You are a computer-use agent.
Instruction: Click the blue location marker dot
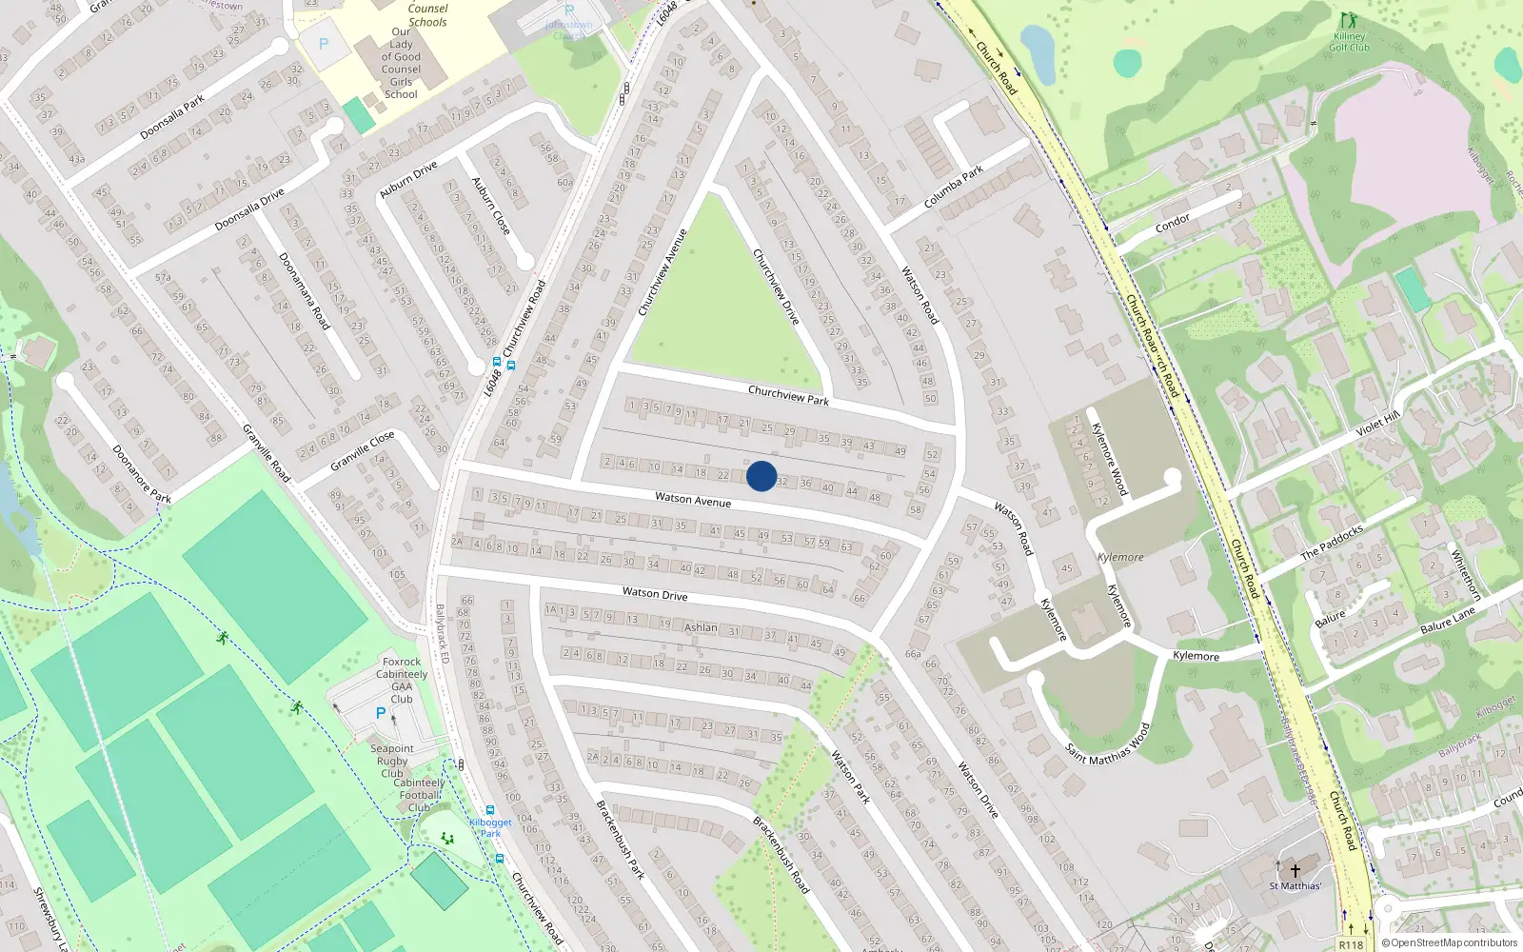coord(761,476)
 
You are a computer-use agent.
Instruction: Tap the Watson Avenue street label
coord(693,500)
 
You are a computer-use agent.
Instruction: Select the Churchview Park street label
coord(788,395)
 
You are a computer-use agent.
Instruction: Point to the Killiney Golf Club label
coord(1349,42)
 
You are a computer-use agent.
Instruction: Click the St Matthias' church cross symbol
coord(1295,870)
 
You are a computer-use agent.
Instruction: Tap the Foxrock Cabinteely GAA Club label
coord(402,680)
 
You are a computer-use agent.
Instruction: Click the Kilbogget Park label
coord(490,827)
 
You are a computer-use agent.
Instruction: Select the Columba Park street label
coord(953,188)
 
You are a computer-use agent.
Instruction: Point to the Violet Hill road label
coord(1377,423)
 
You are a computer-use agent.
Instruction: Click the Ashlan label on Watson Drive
coord(701,627)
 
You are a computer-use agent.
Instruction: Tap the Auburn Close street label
coord(491,206)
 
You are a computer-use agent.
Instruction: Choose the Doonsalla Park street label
coord(172,117)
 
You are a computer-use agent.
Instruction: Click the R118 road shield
coord(1350,944)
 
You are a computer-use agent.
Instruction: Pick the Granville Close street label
coord(362,450)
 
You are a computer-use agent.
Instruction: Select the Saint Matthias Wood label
coord(1108,745)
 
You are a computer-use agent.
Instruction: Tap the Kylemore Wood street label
coord(1109,459)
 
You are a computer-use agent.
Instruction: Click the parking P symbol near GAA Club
coord(381,712)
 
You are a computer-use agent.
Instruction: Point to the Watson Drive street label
coord(655,594)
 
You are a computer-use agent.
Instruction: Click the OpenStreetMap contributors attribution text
coord(1450,942)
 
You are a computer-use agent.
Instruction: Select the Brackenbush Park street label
coord(620,839)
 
